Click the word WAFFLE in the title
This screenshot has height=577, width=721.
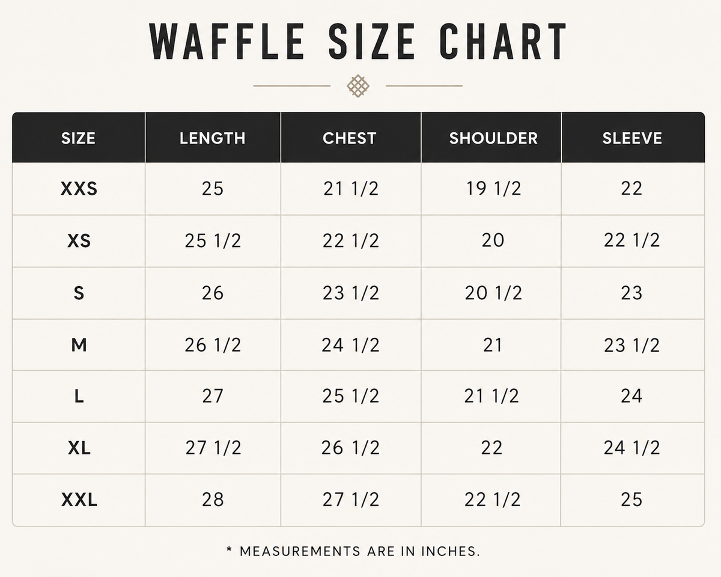[227, 41]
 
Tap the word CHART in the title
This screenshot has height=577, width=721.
[503, 41]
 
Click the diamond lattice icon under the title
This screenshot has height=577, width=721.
[358, 86]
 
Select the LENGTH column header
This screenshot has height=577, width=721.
[213, 138]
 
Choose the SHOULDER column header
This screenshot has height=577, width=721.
[493, 138]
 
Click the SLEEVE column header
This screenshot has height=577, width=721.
[632, 138]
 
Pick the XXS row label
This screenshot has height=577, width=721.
[79, 188]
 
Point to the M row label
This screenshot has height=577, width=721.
[79, 345]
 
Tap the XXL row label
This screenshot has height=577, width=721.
[79, 500]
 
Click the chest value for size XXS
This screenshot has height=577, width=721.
[351, 188]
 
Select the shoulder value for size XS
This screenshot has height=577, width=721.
[493, 240]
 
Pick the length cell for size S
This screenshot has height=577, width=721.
[213, 293]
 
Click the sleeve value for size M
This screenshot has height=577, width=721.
[632, 346]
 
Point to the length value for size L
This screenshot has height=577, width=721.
[213, 396]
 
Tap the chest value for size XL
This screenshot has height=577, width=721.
[350, 448]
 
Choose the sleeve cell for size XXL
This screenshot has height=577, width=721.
[631, 499]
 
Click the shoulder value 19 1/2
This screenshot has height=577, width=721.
[493, 188]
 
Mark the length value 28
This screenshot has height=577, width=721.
[213, 499]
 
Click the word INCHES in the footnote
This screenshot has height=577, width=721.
[450, 552]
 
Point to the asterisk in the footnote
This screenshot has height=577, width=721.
[229, 550]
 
